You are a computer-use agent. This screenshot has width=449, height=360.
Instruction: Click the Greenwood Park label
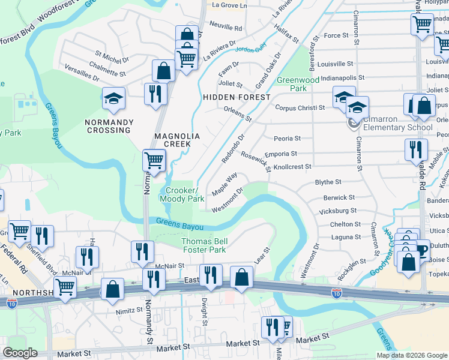tap(297, 84)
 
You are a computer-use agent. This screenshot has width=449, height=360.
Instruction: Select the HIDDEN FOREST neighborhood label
tap(236, 97)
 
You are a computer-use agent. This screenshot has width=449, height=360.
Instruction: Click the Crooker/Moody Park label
tap(182, 195)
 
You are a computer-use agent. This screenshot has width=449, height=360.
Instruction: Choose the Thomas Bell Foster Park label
tap(203, 245)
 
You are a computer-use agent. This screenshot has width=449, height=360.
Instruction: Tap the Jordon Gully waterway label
tap(251, 52)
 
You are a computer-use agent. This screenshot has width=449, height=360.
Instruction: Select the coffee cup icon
tap(422, 249)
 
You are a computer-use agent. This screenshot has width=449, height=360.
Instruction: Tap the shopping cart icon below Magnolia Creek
tap(154, 160)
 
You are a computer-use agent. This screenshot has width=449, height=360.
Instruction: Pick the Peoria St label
tap(287, 138)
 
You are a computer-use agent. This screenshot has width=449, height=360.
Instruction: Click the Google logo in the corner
tap(20, 353)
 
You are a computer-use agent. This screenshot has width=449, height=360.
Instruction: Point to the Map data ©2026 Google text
tap(412, 355)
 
